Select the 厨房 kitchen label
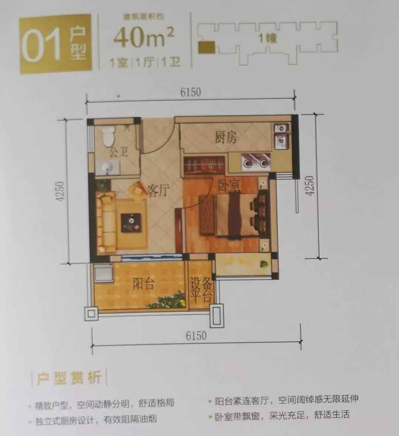point(226,138)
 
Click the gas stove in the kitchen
point(255,161)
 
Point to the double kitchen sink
point(282,135)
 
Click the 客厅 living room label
point(158,191)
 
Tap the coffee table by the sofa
point(131,222)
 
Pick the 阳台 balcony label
point(143,284)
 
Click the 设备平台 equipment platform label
point(201,290)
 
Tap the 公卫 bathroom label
point(119,151)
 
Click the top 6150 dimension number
point(191,92)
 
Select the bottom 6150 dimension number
point(196,336)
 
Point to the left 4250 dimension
point(60,191)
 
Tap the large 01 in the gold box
point(41,45)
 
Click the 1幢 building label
point(267,38)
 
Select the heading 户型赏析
point(69,378)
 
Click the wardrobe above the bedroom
point(204,164)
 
